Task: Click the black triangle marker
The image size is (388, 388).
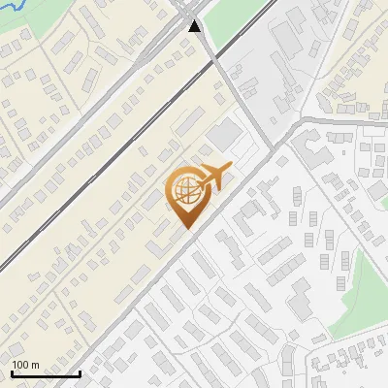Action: (x=195, y=26)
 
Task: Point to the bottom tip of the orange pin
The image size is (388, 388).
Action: (x=186, y=229)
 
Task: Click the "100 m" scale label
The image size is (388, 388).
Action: (x=25, y=365)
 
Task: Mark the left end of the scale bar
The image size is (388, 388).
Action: (x=11, y=373)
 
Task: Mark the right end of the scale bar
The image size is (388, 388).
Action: (x=80, y=373)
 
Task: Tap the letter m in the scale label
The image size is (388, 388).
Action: (x=36, y=365)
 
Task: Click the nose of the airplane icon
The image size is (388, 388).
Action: (x=231, y=168)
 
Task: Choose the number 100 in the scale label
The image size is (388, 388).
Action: (x=20, y=365)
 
